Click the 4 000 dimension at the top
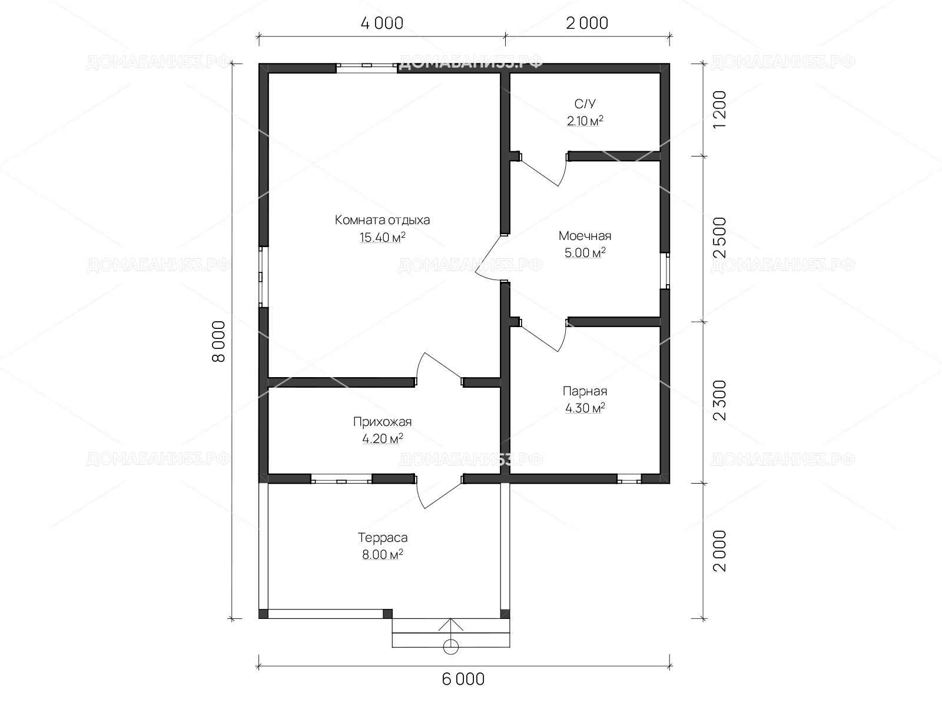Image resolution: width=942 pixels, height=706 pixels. pyautogui.click(x=382, y=23)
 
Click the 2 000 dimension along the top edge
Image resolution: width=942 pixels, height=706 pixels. pyautogui.click(x=586, y=23)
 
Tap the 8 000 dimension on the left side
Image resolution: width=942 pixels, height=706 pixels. pyautogui.click(x=219, y=341)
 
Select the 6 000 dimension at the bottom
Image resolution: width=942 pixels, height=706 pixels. pyautogui.click(x=463, y=679)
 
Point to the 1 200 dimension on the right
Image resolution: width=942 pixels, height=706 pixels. pyautogui.click(x=719, y=109)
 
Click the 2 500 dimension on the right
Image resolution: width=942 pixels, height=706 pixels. pyautogui.click(x=719, y=238)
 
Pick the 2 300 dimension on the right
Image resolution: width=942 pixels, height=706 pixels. pyautogui.click(x=719, y=401)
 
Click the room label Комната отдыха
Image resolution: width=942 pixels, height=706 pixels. pyautogui.click(x=382, y=220)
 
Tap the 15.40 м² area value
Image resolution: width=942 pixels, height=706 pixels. pyautogui.click(x=382, y=237)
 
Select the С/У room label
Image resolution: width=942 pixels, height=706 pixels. pyautogui.click(x=585, y=104)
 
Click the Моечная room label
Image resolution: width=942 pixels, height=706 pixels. pyautogui.click(x=585, y=236)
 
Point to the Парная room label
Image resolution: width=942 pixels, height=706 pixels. pyautogui.click(x=585, y=391)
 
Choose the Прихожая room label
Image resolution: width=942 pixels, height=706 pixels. pyautogui.click(x=382, y=422)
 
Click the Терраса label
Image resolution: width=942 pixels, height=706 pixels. pyautogui.click(x=382, y=538)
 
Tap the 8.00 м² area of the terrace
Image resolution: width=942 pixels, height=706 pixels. pyautogui.click(x=382, y=555)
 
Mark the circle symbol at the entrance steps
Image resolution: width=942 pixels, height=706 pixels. pyautogui.click(x=450, y=647)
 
